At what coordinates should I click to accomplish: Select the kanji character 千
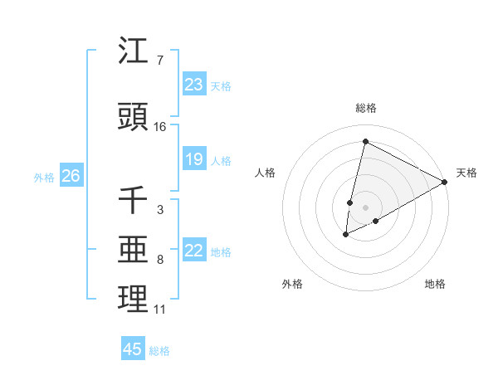(133, 199)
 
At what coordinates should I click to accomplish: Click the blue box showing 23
(193, 85)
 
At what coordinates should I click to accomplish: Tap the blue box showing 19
(193, 159)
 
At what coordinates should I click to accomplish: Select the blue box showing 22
(193, 251)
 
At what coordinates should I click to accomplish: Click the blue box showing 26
(71, 176)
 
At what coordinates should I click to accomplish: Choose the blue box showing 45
(133, 349)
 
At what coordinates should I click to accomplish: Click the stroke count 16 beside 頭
(160, 127)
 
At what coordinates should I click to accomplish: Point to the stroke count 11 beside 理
(160, 310)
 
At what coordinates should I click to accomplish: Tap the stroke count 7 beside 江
(160, 61)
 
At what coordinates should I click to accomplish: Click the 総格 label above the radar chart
(366, 108)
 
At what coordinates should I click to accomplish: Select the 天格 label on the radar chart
(466, 173)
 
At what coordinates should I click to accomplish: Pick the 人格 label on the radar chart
(265, 173)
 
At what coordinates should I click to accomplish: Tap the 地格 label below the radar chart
(435, 284)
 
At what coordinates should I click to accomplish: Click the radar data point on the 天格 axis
(446, 182)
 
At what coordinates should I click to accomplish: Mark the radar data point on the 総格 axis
(365, 142)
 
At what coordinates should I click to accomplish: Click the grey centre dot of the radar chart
(366, 207)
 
